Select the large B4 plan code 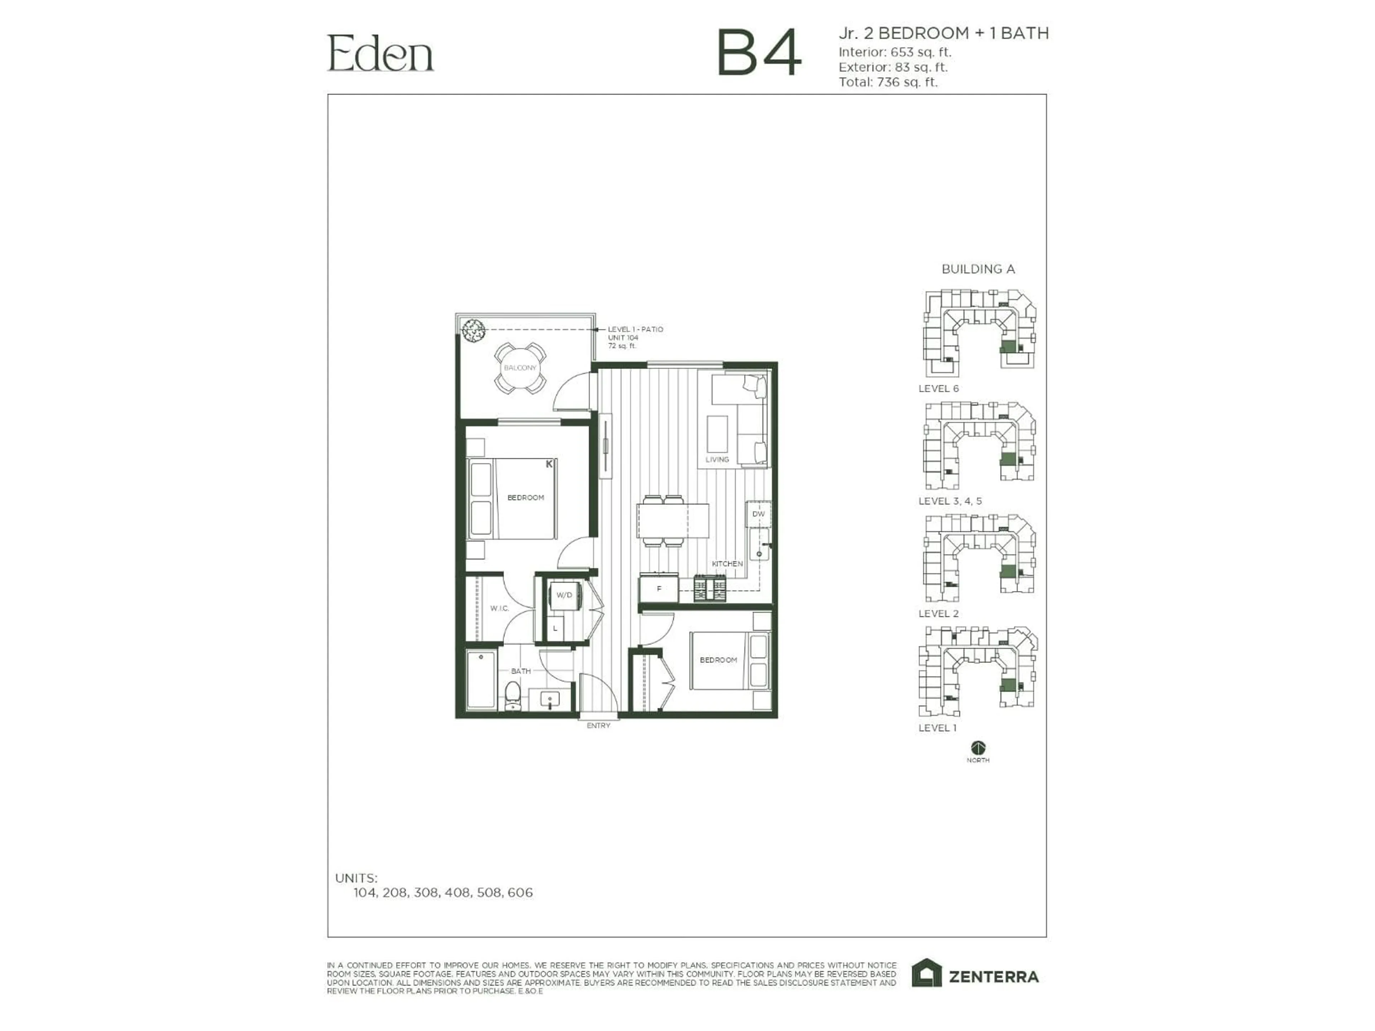pyautogui.click(x=759, y=53)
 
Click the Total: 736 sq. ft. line pyautogui.click(x=888, y=82)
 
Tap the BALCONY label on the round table pyautogui.click(x=520, y=368)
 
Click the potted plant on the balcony pyautogui.click(x=473, y=330)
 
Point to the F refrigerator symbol pyautogui.click(x=659, y=589)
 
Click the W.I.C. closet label pyautogui.click(x=499, y=609)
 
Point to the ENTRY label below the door pyautogui.click(x=598, y=726)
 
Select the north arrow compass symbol pyautogui.click(x=978, y=747)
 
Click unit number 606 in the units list pyautogui.click(x=520, y=893)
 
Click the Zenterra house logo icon pyautogui.click(x=927, y=973)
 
